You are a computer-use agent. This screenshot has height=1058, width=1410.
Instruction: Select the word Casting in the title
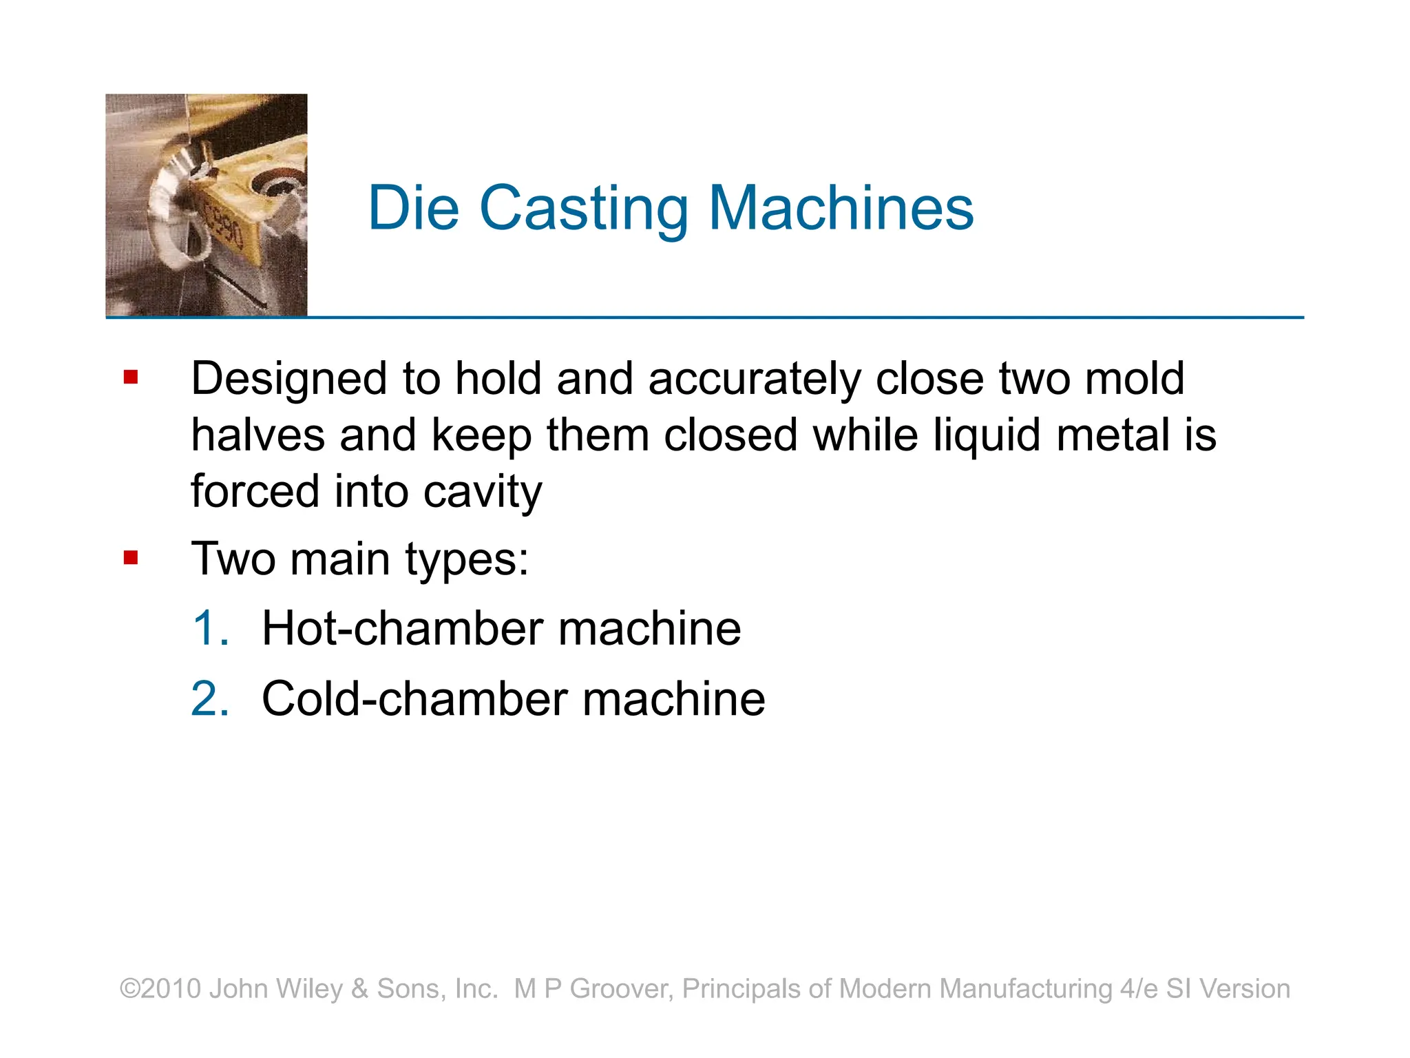click(x=583, y=209)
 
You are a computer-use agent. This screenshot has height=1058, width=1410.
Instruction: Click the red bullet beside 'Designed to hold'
click(x=131, y=377)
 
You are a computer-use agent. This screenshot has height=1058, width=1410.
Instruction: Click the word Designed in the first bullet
click(x=289, y=379)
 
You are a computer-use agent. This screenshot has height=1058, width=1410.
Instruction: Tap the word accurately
click(x=754, y=379)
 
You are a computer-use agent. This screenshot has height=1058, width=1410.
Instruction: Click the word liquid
click(x=986, y=437)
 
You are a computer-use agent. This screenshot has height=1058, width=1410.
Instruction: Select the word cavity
click(x=482, y=492)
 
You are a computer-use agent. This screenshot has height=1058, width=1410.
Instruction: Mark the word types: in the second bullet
click(x=466, y=559)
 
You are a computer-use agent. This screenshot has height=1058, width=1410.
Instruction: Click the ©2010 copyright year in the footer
click(x=160, y=988)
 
